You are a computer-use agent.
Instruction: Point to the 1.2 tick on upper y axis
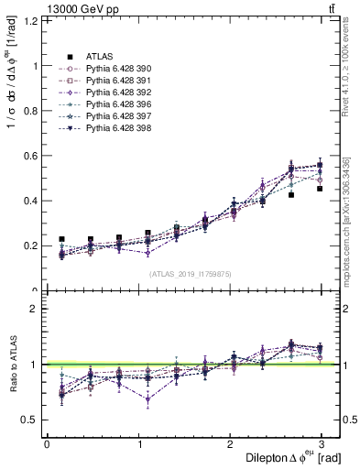30,20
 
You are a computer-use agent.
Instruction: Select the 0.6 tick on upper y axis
30,156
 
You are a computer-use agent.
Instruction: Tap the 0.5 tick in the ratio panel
30,420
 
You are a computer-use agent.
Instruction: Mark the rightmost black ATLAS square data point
320,189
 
